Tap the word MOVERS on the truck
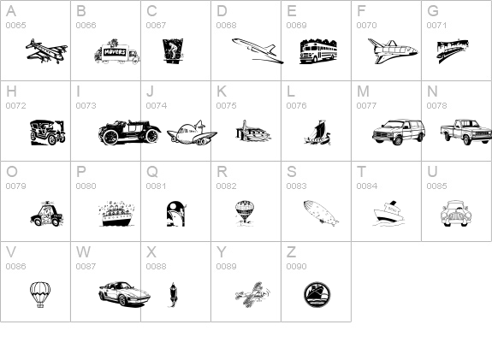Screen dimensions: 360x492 point(114,52)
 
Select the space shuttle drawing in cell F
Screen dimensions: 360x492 point(391,51)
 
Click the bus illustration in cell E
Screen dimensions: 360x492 point(317,51)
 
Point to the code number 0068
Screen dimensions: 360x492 point(226,25)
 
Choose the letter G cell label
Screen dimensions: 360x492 point(433,11)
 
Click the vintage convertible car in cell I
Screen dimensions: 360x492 point(129,132)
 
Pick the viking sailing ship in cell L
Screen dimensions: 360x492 point(317,132)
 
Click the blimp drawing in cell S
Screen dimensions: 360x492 point(320,212)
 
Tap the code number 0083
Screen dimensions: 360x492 point(296,186)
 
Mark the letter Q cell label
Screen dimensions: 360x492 point(152,171)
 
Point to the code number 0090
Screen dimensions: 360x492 point(296,266)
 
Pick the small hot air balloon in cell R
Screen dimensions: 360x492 point(245,211)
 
